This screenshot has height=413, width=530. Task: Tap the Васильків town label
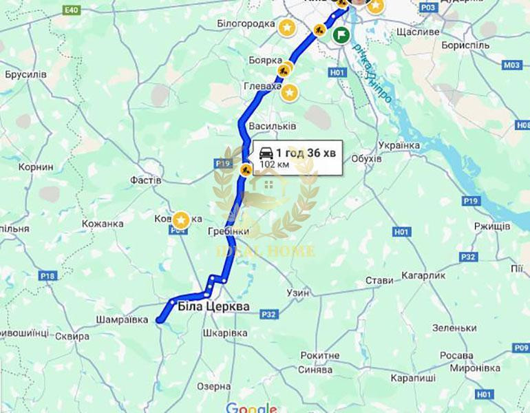(x=272, y=127)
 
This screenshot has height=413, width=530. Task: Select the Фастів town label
(x=145, y=180)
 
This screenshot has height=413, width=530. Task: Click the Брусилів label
(x=25, y=74)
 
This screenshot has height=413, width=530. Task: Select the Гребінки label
(x=227, y=232)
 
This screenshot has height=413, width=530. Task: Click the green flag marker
(x=341, y=35)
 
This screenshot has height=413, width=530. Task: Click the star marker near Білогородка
(x=286, y=28)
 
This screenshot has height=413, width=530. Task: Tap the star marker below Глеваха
(x=290, y=92)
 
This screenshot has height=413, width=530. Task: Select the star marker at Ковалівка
(x=181, y=220)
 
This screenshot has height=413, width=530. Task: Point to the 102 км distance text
(x=273, y=165)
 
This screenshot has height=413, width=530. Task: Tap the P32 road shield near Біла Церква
(x=268, y=315)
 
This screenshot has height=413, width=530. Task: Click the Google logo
(x=251, y=407)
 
